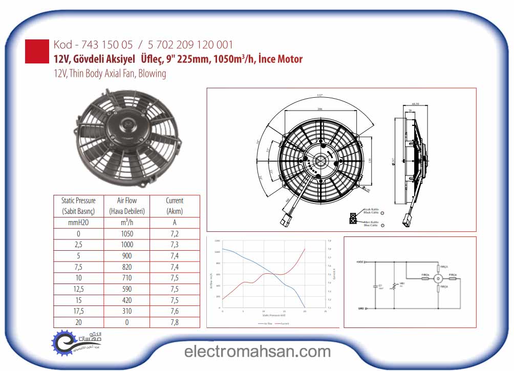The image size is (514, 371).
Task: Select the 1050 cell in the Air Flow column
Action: [x=126, y=234]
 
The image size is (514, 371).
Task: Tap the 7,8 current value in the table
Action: [x=174, y=322]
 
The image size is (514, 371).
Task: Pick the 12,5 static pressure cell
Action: [x=78, y=289]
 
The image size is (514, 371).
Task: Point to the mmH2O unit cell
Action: [x=78, y=223]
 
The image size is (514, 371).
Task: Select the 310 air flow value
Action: [x=126, y=311]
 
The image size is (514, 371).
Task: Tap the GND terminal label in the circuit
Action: [x=360, y=309]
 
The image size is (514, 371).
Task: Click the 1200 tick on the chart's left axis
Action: [x=217, y=241]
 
